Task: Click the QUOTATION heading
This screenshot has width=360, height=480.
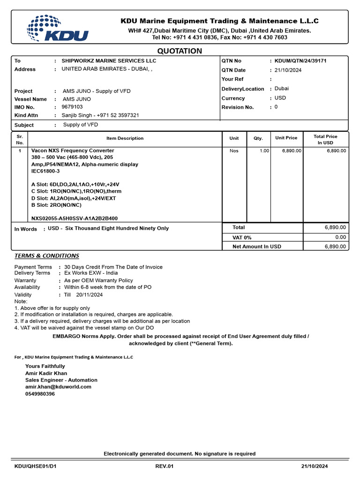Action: [x=180, y=51]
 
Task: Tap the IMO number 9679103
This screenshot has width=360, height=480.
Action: [x=72, y=107]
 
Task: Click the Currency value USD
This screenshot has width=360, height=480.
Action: [x=280, y=98]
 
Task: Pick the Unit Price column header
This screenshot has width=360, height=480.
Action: [x=286, y=138]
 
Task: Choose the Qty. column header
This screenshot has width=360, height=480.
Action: [x=258, y=138]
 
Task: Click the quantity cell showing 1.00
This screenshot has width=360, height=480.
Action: [x=264, y=151]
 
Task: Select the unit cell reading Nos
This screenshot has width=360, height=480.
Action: [x=234, y=151]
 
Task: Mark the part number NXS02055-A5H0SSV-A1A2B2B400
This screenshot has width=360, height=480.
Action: [x=75, y=218]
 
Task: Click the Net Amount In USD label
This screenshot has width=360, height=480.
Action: [x=257, y=247]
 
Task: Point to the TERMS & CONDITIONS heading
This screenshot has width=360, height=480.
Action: [x=47, y=256]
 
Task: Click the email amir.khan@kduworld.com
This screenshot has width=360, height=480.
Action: [x=58, y=387]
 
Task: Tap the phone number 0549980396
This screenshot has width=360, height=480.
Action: [x=40, y=394]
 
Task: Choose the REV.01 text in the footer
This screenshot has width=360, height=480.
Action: [x=165, y=466]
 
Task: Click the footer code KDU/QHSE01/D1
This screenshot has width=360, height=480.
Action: [x=36, y=466]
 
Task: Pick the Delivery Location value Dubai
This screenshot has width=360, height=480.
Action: [x=282, y=88]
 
